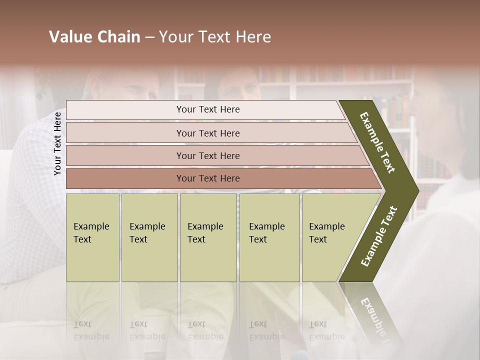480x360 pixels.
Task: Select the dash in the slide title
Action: pyautogui.click(x=149, y=37)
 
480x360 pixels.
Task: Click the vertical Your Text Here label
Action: pyautogui.click(x=57, y=143)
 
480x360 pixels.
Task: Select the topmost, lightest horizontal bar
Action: pyautogui.click(x=205, y=109)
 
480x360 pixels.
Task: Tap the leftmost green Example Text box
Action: pyautogui.click(x=92, y=237)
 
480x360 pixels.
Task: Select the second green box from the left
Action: pyautogui.click(x=149, y=237)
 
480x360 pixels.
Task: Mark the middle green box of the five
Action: pyautogui.click(x=208, y=237)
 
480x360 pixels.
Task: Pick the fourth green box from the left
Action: pyautogui.click(x=269, y=237)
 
